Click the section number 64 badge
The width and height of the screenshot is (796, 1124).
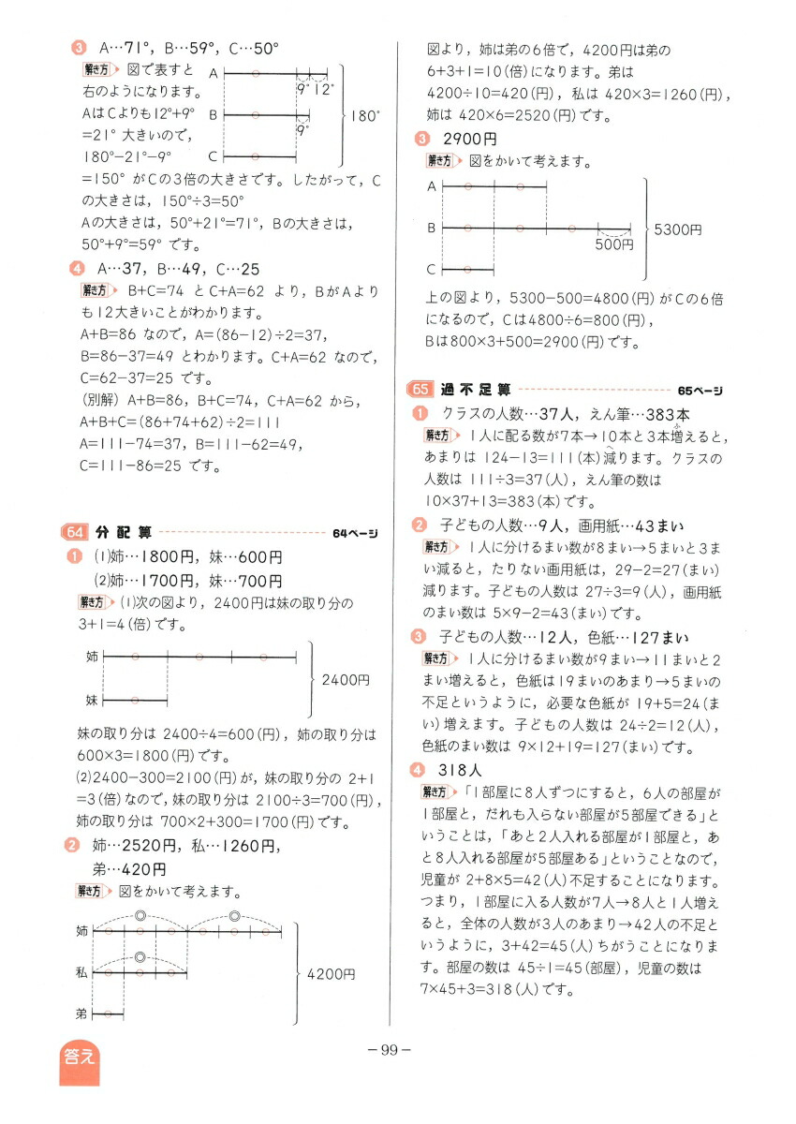point(73,533)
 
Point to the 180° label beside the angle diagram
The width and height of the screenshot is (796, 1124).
point(366,117)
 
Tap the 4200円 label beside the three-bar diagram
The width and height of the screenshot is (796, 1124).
point(331,974)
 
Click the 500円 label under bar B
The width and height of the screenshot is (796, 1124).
point(613,244)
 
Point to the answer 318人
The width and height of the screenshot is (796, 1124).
point(460,770)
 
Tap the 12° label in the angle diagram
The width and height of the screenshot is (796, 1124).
point(323,90)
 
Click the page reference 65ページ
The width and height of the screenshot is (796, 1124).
point(700,390)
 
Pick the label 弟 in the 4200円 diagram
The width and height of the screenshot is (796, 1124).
point(82,1013)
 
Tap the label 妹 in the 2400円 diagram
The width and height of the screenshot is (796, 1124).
point(91,700)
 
